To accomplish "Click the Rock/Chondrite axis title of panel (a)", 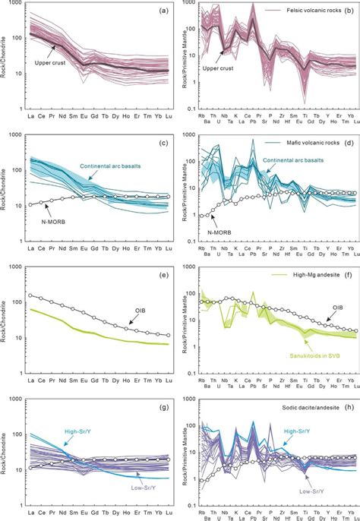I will point(7,61).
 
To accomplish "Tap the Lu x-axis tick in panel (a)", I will point(167,120).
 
